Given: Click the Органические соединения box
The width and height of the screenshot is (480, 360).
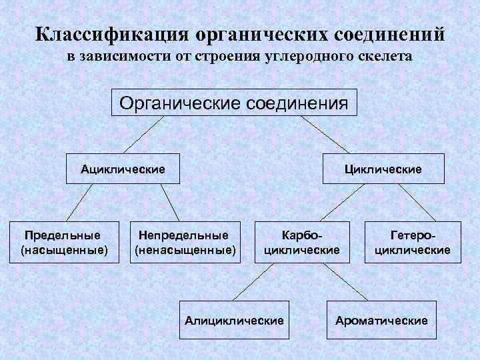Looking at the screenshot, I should tap(233, 103).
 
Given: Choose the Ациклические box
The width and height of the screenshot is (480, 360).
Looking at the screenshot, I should tap(123, 169).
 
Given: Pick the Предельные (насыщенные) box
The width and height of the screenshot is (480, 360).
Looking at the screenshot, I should tap(64, 243).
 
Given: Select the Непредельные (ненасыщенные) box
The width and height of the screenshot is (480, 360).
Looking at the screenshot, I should tap(185, 243).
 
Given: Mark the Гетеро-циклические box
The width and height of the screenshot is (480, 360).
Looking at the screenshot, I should tap(412, 243).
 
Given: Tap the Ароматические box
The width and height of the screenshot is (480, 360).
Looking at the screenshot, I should tap(381, 321).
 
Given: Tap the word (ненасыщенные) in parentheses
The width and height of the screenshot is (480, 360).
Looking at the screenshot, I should tap(185, 251).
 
